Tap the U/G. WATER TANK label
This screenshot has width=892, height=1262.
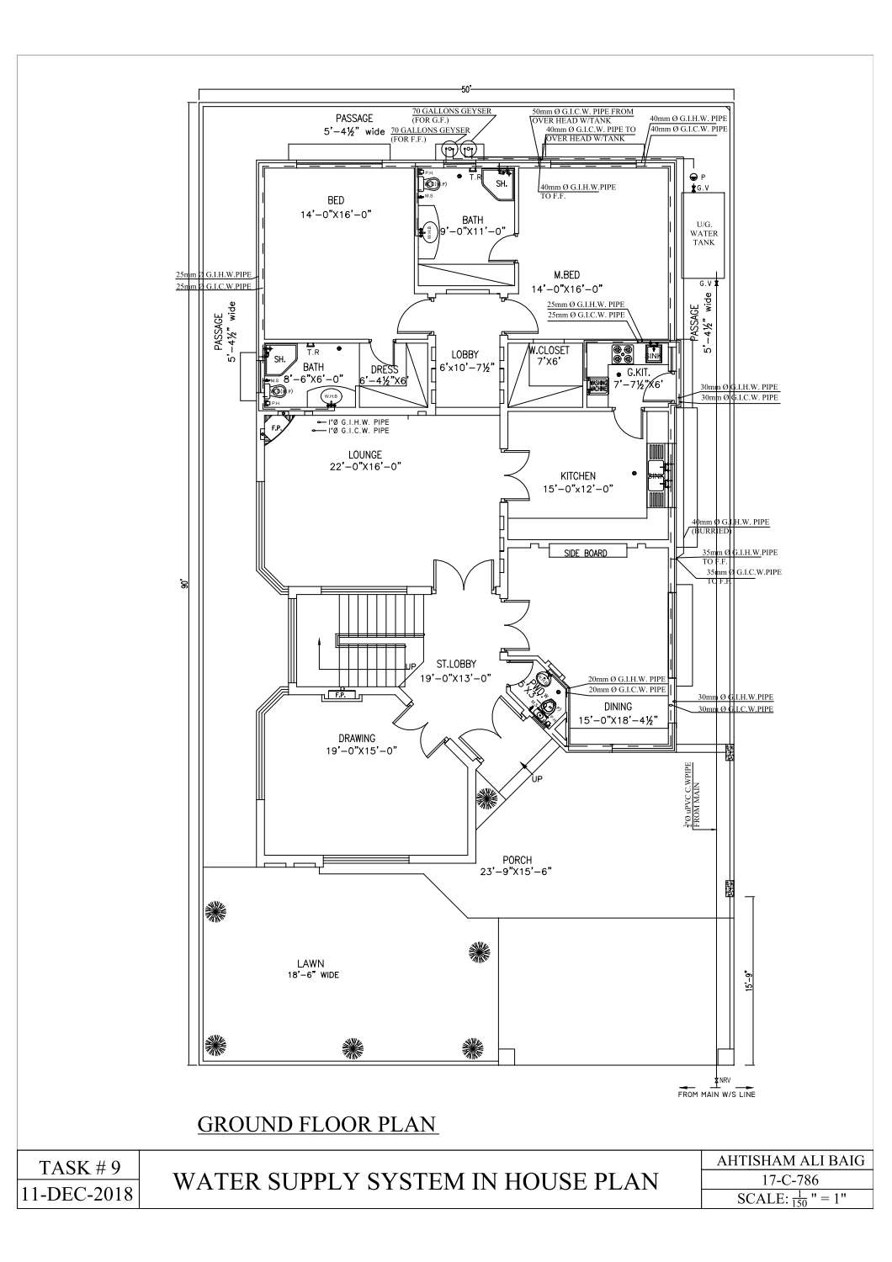(x=704, y=233)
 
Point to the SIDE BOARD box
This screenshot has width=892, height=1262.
(x=578, y=553)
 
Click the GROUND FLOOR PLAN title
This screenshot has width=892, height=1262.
(x=316, y=1125)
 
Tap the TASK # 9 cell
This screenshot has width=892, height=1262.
(x=81, y=1167)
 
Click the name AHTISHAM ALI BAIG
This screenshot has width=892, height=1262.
(x=790, y=1161)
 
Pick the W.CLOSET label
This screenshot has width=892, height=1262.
(x=550, y=350)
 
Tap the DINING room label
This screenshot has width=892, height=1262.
(x=617, y=707)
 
